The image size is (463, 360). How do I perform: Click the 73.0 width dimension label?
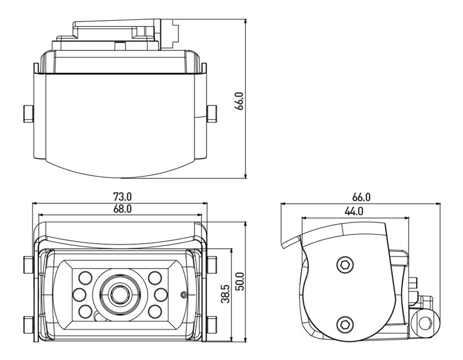tap(123, 197)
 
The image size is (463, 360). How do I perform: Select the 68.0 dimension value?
tap(123, 209)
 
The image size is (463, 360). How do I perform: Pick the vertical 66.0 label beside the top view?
tap(240, 101)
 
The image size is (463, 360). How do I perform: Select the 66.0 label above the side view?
tap(361, 197)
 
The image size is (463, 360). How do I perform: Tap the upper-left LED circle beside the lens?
tap(86, 276)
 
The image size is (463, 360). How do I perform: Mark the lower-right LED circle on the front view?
tap(154, 311)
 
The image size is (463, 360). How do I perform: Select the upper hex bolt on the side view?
tap(344, 264)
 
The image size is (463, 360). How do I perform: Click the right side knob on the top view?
tap(212, 113)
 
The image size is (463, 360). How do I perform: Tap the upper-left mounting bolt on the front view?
tap(28, 265)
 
